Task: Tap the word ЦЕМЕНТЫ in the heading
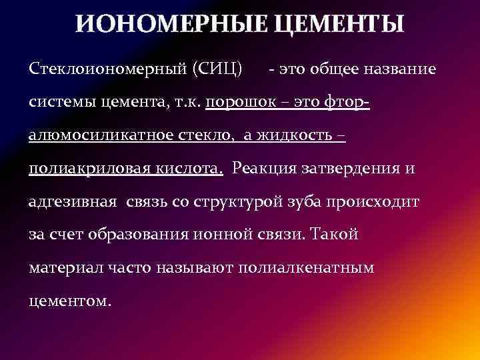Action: click(x=339, y=24)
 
